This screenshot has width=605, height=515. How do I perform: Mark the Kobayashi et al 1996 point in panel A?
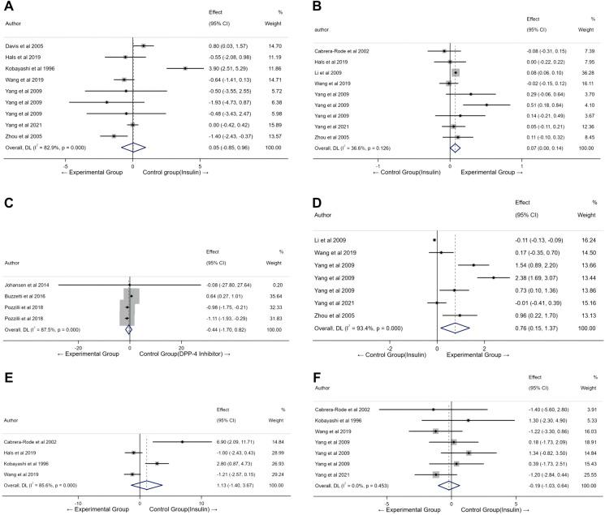[185, 68]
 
